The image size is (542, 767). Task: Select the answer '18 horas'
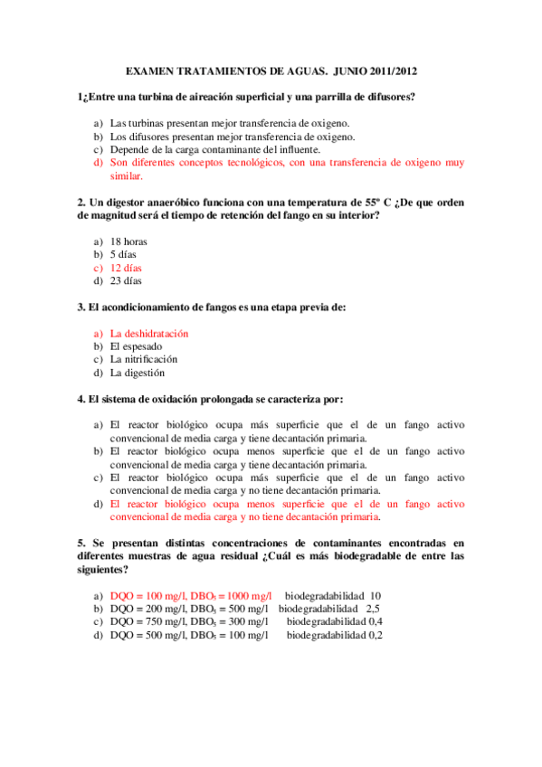(128, 241)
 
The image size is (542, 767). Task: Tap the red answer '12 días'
(126, 268)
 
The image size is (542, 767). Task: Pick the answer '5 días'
(123, 255)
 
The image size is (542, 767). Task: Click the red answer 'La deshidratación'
(149, 333)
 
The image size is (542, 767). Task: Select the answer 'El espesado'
(134, 346)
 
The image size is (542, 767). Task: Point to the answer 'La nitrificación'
(144, 359)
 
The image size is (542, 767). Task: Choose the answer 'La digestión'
(138, 373)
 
